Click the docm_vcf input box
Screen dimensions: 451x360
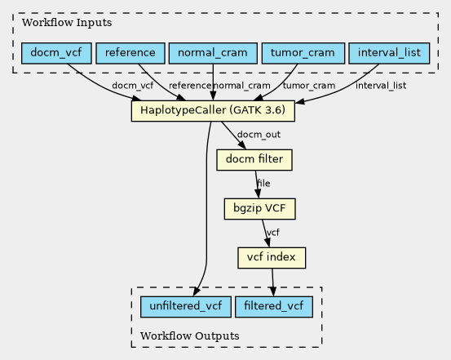point(56,53)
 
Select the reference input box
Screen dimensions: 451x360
point(130,53)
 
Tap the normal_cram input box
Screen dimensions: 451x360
point(213,53)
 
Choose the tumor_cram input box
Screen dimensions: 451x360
point(303,53)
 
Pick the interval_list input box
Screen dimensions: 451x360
point(389,53)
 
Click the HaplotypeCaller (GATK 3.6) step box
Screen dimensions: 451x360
point(213,111)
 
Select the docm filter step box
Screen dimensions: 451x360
point(254,160)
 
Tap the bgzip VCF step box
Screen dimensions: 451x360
point(259,209)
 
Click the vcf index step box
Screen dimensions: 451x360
point(272,258)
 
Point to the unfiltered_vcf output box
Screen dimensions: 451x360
point(186,307)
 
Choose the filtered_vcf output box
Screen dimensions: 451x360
point(274,307)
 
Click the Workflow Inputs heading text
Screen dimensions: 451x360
point(67,23)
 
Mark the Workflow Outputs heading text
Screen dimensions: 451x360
point(190,336)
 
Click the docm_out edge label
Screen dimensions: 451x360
point(259,135)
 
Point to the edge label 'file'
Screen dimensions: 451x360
point(263,183)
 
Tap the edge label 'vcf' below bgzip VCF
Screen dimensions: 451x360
point(273,232)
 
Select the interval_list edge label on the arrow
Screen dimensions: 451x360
point(381,86)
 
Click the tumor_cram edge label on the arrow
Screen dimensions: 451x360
point(309,86)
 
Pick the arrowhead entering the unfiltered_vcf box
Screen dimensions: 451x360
point(197,291)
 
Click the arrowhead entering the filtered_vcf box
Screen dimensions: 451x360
point(273,291)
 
